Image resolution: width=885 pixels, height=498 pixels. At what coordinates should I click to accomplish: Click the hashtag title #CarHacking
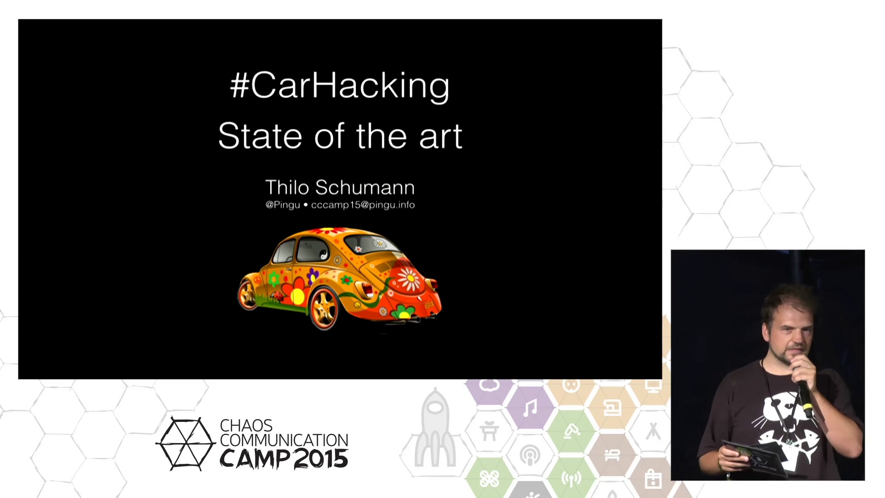click(340, 86)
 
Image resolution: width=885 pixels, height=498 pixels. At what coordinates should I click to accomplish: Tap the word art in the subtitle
click(441, 137)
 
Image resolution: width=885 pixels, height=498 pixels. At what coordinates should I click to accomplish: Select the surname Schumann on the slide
click(365, 188)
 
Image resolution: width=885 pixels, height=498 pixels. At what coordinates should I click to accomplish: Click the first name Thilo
click(287, 188)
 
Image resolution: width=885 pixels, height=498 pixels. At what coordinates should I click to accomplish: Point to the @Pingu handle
click(283, 205)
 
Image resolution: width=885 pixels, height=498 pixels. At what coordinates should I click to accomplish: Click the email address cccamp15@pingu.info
click(363, 205)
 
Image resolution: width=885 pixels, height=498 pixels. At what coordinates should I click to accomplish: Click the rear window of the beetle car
click(372, 245)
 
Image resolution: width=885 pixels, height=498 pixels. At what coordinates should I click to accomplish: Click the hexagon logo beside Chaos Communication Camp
click(186, 444)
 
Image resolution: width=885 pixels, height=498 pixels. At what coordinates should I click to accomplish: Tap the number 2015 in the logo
click(321, 459)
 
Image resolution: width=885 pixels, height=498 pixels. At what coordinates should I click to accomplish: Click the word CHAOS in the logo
click(246, 426)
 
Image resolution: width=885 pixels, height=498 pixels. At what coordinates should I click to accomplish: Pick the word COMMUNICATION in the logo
click(284, 440)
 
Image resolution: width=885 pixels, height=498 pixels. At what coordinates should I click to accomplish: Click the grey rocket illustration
click(435, 427)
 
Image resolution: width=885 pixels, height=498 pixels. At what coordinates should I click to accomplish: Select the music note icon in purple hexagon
click(530, 408)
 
